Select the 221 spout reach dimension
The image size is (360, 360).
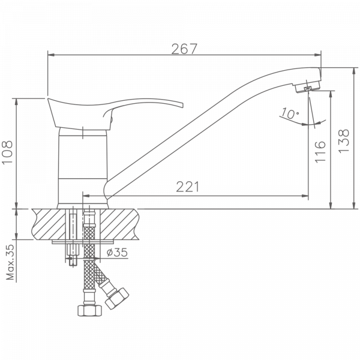[188, 187]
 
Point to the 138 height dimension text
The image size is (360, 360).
[343, 142]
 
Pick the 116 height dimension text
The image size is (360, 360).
[319, 152]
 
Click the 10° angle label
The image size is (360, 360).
[289, 114]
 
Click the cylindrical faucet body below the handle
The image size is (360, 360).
[82, 168]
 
